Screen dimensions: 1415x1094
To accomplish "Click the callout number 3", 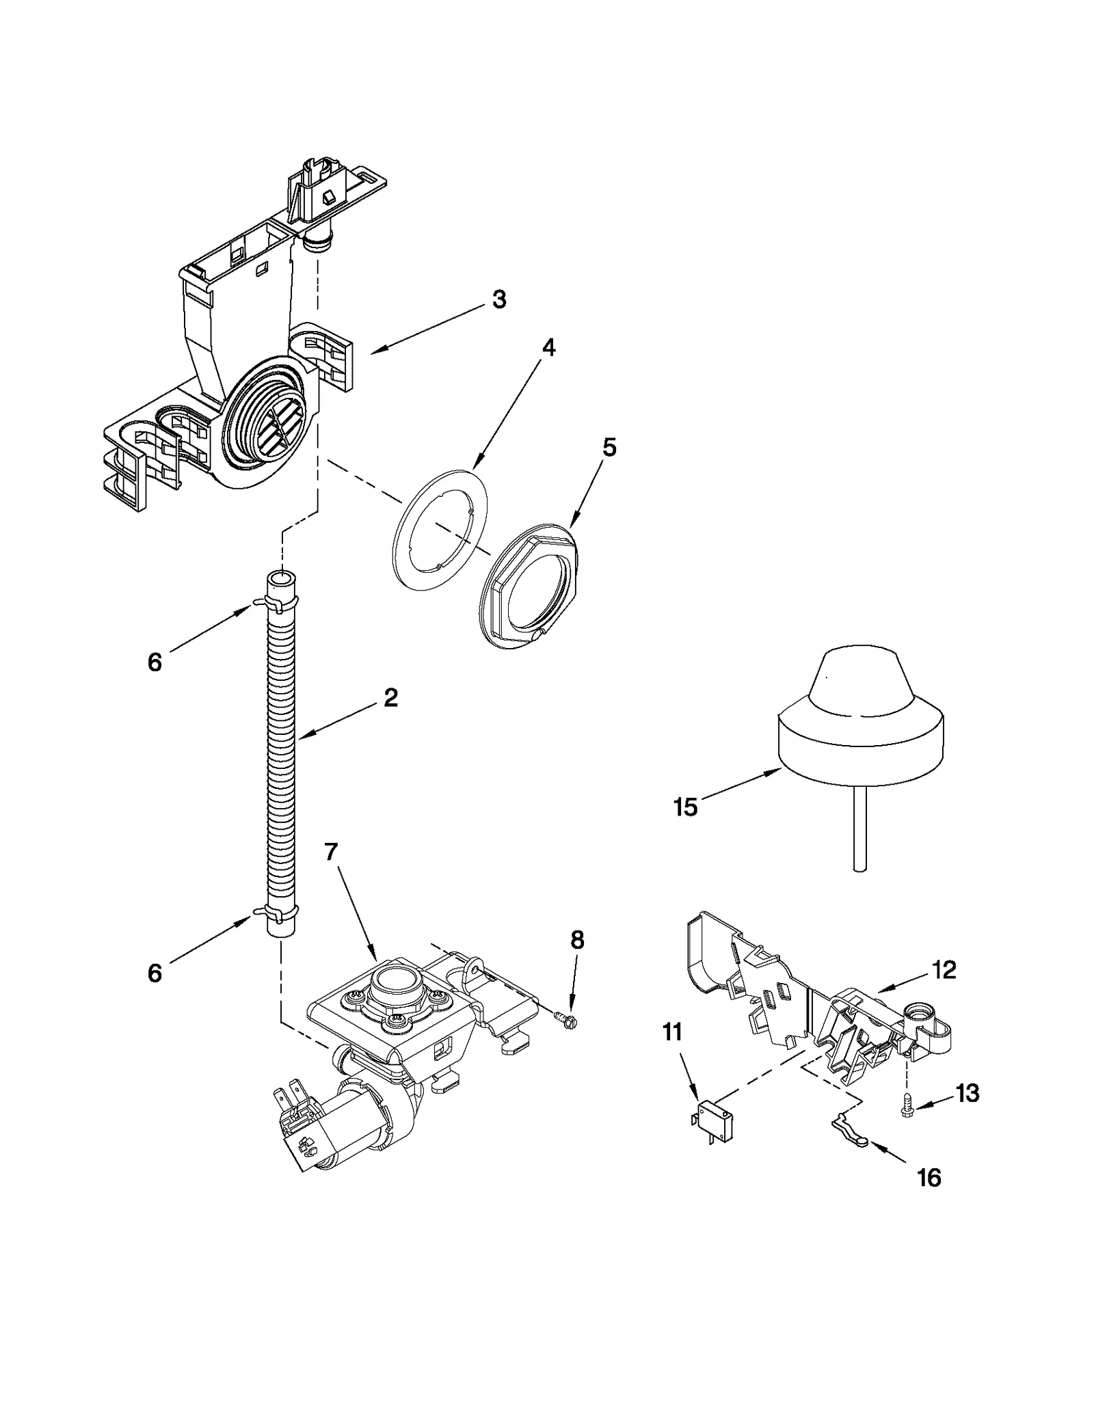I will pos(499,299).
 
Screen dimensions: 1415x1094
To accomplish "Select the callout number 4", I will pos(548,347).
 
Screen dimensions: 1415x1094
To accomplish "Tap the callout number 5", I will pos(609,448).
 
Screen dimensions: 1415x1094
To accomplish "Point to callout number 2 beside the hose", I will pos(390,698).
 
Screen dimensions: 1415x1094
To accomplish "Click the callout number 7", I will pos(331,852).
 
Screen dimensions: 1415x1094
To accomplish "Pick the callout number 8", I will pos(577,941).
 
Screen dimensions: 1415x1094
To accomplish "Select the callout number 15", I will pos(685,807).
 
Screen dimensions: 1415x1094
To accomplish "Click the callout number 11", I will pos(673,1032).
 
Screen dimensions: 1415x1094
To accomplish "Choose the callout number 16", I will pos(929,1177).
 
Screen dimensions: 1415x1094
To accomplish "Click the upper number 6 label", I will pos(155,662).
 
